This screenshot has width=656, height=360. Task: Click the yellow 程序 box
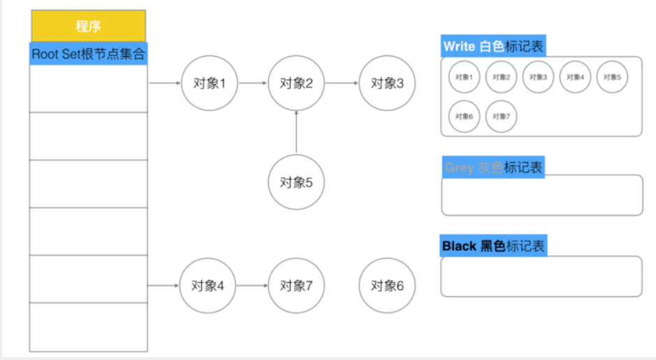click(x=88, y=27)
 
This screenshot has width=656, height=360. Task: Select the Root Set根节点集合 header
click(x=88, y=54)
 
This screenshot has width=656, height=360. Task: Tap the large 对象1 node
click(x=209, y=83)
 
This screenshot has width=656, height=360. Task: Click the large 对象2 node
click(x=296, y=83)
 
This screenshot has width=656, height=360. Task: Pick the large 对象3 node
click(x=387, y=83)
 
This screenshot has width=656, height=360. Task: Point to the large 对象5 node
click(x=296, y=182)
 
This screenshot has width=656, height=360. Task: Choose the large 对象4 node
click(x=207, y=285)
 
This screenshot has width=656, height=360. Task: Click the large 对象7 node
click(x=296, y=285)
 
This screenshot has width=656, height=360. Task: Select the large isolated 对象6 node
click(x=387, y=285)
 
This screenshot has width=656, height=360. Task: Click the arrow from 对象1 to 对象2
click(x=252, y=83)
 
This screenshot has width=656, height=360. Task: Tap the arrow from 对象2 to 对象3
click(x=342, y=83)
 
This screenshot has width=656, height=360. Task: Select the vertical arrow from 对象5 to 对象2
click(x=296, y=132)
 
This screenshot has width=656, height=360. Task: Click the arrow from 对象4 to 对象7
click(x=252, y=285)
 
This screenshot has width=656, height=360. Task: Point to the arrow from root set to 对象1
click(x=165, y=83)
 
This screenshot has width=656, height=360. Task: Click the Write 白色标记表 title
click(x=493, y=47)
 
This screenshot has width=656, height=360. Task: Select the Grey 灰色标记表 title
click(x=493, y=168)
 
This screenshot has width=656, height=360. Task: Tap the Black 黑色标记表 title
click(x=493, y=247)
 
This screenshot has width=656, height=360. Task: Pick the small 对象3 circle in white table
click(x=539, y=77)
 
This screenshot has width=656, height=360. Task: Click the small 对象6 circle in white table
click(x=465, y=116)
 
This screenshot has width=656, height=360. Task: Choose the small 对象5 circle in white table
click(x=612, y=77)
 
